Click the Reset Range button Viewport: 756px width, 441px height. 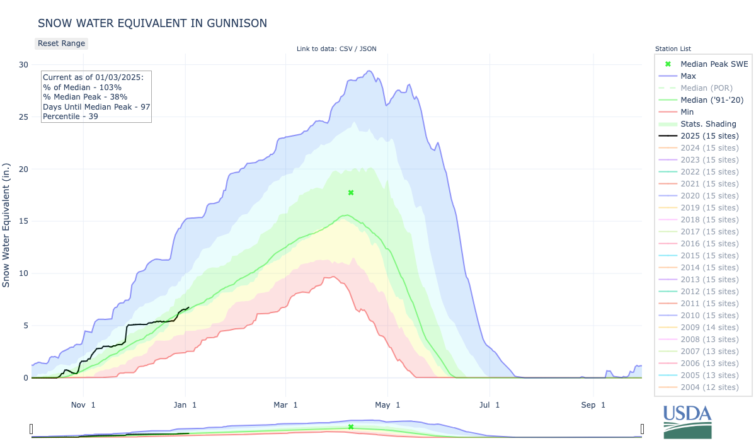61,43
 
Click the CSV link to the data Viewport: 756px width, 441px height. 345,49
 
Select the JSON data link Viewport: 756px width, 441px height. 368,49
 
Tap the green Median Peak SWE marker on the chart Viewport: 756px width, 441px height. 351,193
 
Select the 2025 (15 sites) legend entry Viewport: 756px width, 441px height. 709,136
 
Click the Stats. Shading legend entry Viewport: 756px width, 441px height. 708,124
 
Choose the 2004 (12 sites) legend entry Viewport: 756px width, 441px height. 709,387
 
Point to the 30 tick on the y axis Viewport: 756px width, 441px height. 23,65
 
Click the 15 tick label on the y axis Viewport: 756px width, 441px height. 23,221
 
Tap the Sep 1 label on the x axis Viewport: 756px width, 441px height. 594,404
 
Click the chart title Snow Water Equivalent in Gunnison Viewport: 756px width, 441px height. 152,23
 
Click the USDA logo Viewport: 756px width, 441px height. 687,421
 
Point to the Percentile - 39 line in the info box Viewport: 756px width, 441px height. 71,117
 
